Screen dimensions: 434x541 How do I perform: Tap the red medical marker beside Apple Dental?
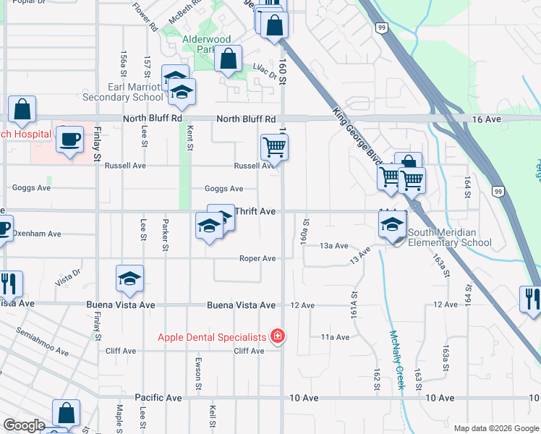pos(276,336)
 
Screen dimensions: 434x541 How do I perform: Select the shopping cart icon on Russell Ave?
pos(274,147)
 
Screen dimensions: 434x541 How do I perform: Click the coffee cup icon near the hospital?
pos(70,138)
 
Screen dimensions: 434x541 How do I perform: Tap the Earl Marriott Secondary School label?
pos(135,92)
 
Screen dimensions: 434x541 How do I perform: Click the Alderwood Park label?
pos(206,44)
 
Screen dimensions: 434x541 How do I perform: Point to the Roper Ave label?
pos(258,258)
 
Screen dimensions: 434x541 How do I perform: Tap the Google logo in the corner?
pos(24,425)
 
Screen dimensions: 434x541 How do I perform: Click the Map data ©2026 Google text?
pos(496,428)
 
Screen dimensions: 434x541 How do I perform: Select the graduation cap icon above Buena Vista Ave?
pos(129,278)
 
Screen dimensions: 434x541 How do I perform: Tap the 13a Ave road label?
pos(335,246)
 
